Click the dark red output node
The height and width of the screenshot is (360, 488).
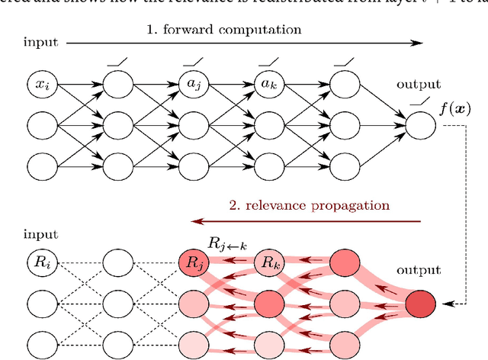pyautogui.click(x=421, y=304)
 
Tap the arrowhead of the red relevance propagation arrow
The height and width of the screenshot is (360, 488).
pyautogui.click(x=197, y=222)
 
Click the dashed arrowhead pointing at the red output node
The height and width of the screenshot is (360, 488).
pyautogui.click(x=445, y=305)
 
